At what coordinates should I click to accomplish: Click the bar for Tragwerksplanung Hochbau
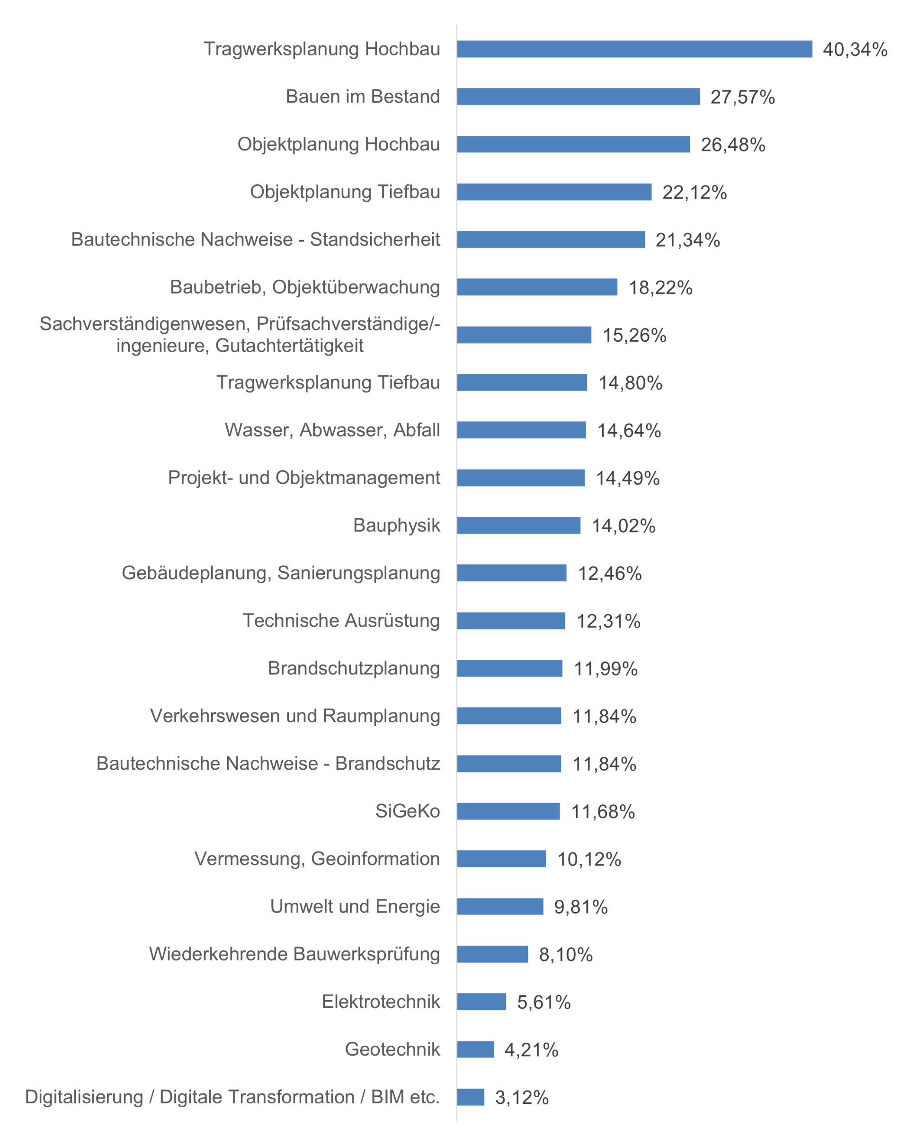pos(634,49)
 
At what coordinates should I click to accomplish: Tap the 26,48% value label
pos(732,144)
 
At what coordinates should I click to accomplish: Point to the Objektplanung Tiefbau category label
pos(345,192)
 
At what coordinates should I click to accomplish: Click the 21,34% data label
pos(687,240)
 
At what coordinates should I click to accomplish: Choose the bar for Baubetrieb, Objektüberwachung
pos(537,287)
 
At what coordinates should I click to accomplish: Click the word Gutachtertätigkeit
pos(289,346)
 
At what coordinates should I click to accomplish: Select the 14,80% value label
pos(630,382)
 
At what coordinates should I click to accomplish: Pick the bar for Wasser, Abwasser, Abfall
pos(521,430)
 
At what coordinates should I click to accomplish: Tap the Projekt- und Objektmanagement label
pos(303,477)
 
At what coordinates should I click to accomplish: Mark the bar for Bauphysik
pos(518,525)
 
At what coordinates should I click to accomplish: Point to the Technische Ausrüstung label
pos(341,620)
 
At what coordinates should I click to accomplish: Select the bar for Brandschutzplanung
pos(509,668)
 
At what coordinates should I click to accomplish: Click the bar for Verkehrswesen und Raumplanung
pos(509,715)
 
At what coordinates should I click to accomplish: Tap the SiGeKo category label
pos(407,810)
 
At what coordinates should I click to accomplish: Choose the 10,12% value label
pos(589,859)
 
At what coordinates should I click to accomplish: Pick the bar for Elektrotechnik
pos(481,1002)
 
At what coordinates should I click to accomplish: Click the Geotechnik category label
pos(392,1049)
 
